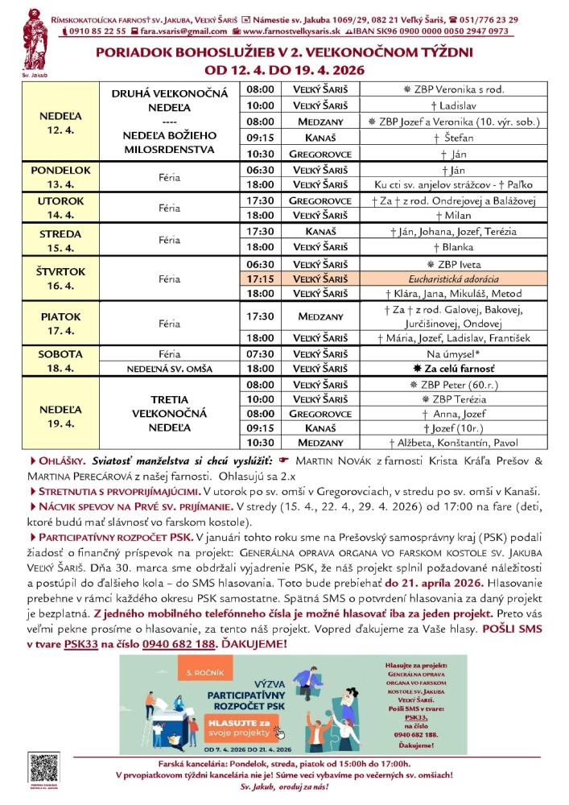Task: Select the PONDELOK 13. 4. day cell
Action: click(60, 176)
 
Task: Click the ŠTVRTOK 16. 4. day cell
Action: click(60, 279)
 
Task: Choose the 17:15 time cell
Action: click(260, 279)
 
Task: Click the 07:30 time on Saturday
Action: click(260, 353)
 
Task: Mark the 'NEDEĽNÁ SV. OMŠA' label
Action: click(169, 369)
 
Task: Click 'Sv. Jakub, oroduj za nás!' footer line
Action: click(285, 785)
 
